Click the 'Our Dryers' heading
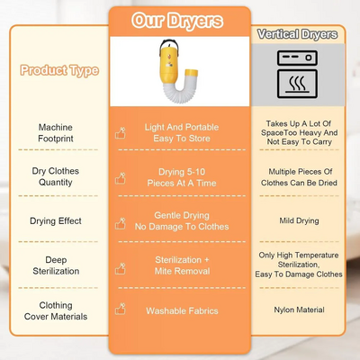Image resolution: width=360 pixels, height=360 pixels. tap(177, 21)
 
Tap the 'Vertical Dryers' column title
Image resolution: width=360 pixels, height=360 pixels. tap(298, 34)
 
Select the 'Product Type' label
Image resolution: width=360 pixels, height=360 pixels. tap(59, 70)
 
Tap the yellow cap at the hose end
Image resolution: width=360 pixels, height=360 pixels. tap(191, 72)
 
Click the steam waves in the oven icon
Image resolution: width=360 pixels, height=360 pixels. tap(297, 83)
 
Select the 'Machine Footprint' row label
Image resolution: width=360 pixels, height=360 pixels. tap(56, 133)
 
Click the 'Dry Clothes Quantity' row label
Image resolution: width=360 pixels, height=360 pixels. tap(56, 176)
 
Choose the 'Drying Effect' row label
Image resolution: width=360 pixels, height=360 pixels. tap(56, 221)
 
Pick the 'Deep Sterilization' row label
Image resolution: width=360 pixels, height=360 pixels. tap(56, 265)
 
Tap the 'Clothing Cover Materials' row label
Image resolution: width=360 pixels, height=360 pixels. tap(56, 310)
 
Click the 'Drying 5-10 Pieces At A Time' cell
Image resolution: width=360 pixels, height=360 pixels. tap(182, 177)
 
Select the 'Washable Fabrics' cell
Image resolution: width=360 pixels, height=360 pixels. tap(182, 310)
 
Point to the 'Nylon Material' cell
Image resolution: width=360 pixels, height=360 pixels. tap(299, 310)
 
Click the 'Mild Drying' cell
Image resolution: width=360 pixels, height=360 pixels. tap(299, 220)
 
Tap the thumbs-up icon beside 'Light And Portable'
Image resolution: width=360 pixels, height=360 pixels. tap(121, 133)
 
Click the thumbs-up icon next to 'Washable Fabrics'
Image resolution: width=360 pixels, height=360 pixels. tap(121, 309)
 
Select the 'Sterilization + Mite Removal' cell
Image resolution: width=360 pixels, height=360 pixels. tap(182, 265)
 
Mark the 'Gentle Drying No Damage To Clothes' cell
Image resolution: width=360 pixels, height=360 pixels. tap(182, 220)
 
